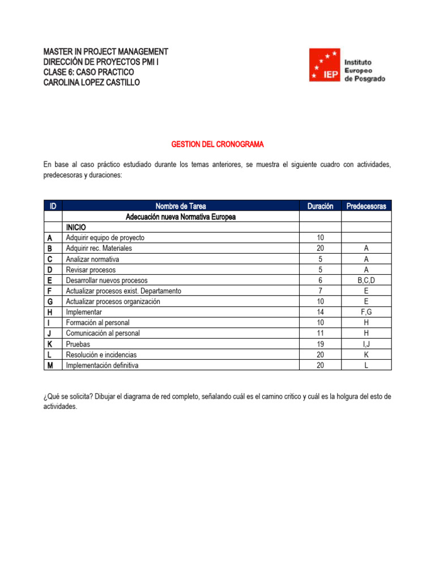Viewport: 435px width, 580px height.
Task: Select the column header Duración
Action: click(320, 206)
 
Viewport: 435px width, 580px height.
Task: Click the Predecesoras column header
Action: click(366, 206)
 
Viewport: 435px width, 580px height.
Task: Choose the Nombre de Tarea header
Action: click(181, 206)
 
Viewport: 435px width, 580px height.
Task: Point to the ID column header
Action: click(53, 206)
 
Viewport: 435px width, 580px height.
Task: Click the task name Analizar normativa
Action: click(92, 259)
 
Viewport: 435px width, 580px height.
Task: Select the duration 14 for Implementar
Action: click(320, 312)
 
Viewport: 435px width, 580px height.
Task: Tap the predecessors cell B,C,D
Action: click(366, 280)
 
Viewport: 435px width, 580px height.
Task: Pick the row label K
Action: click(50, 344)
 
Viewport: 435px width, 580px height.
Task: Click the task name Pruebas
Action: click(78, 344)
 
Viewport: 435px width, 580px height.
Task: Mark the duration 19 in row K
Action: click(320, 344)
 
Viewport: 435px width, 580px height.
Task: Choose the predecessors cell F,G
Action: click(366, 312)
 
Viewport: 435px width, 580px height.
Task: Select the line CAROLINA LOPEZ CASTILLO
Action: click(91, 83)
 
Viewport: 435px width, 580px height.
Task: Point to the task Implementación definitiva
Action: click(102, 365)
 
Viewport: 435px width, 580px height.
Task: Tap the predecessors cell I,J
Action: click(366, 344)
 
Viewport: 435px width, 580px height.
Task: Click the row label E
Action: click(50, 280)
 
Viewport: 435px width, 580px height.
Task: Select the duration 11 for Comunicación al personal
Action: click(320, 333)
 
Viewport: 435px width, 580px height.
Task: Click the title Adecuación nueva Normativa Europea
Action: click(181, 217)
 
